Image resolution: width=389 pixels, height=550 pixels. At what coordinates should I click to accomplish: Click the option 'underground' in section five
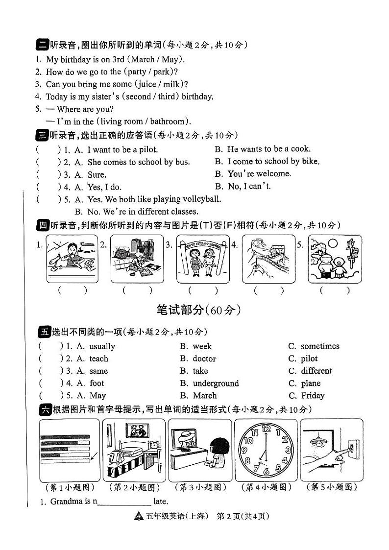tap(216, 383)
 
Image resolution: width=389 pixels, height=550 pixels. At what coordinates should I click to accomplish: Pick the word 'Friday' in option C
tap(313, 396)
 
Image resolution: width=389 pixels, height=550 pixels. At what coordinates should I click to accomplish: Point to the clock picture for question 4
tap(265, 450)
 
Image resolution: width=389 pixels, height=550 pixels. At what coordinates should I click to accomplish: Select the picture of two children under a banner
tap(202, 258)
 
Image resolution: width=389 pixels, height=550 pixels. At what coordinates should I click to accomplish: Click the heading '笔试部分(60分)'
tap(198, 310)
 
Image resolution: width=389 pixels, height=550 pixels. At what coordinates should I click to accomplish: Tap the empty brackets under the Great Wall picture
tap(268, 290)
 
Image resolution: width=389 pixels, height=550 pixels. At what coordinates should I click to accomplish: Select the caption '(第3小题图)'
tap(201, 487)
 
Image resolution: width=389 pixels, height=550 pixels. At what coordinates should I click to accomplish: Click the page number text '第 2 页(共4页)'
tap(243, 516)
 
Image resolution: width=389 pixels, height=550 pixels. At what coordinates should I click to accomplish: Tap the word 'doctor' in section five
tap(204, 359)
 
